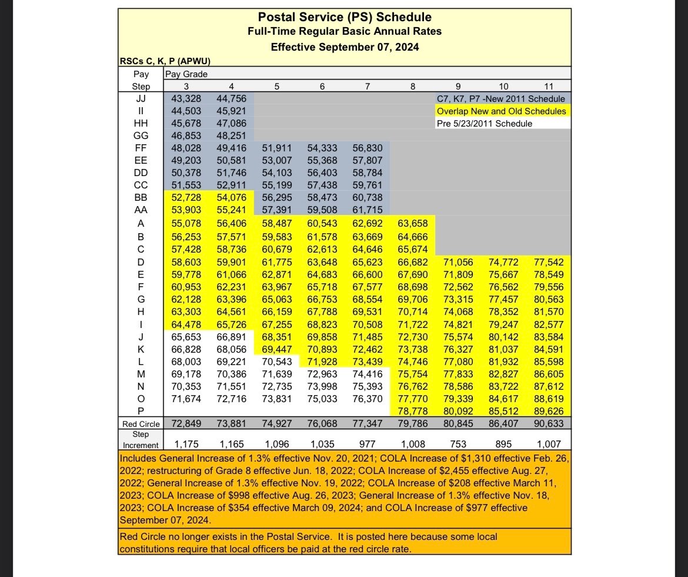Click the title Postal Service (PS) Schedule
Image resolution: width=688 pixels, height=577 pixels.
tap(345, 17)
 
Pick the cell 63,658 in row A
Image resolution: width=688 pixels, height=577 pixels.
tap(412, 223)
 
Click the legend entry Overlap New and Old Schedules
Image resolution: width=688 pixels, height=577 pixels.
tap(501, 111)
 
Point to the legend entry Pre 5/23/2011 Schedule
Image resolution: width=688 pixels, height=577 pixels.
tap(484, 124)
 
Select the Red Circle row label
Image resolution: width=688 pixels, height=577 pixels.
tap(141, 424)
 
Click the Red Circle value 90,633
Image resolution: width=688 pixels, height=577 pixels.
tap(548, 423)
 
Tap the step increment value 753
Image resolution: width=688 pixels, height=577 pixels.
tap(458, 444)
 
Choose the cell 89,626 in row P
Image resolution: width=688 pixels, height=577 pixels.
tap(548, 411)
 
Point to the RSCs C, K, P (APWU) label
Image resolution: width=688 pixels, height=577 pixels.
tap(165, 61)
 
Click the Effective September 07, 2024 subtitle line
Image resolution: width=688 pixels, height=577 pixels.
tap(345, 47)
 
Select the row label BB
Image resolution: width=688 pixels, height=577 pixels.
tap(141, 197)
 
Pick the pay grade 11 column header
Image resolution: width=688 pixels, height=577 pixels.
tap(548, 87)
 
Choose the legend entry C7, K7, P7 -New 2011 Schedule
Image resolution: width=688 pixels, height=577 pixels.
tap(500, 99)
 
